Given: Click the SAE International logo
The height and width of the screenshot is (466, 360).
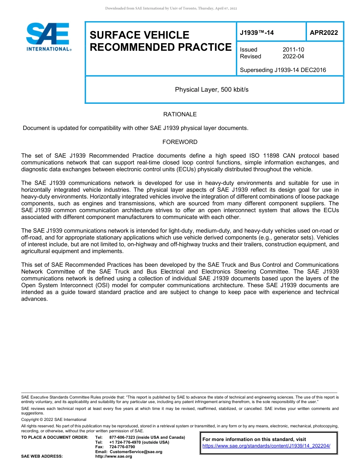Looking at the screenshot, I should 48,37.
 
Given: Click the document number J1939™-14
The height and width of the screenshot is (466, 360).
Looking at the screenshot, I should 257,33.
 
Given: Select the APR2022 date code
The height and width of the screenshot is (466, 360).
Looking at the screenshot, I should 324,33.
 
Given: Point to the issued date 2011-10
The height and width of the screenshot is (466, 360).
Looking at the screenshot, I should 293,50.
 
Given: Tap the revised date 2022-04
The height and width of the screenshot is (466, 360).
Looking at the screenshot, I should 293,56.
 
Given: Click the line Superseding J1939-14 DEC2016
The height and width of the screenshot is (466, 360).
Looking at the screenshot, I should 283,70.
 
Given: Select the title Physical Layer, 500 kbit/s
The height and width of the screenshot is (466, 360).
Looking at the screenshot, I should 211,89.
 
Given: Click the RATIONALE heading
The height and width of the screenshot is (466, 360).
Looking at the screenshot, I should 180,114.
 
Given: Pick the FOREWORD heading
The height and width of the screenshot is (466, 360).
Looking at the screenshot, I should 180,142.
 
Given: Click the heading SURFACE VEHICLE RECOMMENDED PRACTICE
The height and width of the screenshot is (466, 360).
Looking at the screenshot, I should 160,41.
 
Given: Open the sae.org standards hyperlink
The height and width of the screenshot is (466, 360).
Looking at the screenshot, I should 266,446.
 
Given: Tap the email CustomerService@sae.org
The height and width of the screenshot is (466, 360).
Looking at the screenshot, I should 136,452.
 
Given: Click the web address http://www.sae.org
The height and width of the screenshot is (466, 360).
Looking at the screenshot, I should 114,456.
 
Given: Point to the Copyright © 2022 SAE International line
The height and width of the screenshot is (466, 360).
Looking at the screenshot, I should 54,419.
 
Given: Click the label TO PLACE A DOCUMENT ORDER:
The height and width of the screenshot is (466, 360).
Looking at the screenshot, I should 55,437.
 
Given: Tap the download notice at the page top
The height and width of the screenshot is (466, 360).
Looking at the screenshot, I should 171,8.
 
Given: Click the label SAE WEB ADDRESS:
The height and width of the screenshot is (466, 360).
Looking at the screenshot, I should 42,456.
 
